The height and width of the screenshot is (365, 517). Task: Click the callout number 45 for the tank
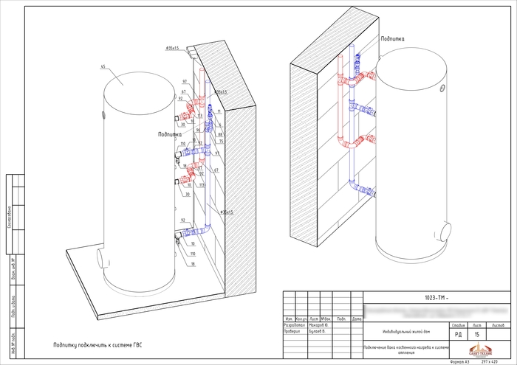103,66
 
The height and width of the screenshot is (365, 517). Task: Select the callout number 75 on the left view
219,142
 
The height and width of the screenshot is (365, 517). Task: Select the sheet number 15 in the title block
476,335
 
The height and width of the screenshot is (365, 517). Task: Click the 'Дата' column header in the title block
357,319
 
